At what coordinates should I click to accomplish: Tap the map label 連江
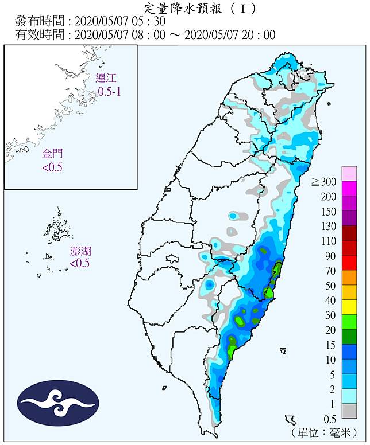tap(105, 79)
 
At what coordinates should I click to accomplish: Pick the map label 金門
tap(53, 154)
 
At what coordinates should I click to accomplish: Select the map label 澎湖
tap(80, 251)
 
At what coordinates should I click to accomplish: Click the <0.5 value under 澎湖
tap(80, 263)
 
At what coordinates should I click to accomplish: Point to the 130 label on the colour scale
tap(328, 227)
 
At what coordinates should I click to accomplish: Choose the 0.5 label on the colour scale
tap(329, 419)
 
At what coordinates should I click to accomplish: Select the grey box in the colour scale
tap(349, 411)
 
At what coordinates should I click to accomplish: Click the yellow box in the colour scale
tap(349, 308)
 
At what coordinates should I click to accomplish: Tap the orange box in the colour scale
tap(349, 278)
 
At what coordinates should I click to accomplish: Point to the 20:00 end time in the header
tap(259, 35)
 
